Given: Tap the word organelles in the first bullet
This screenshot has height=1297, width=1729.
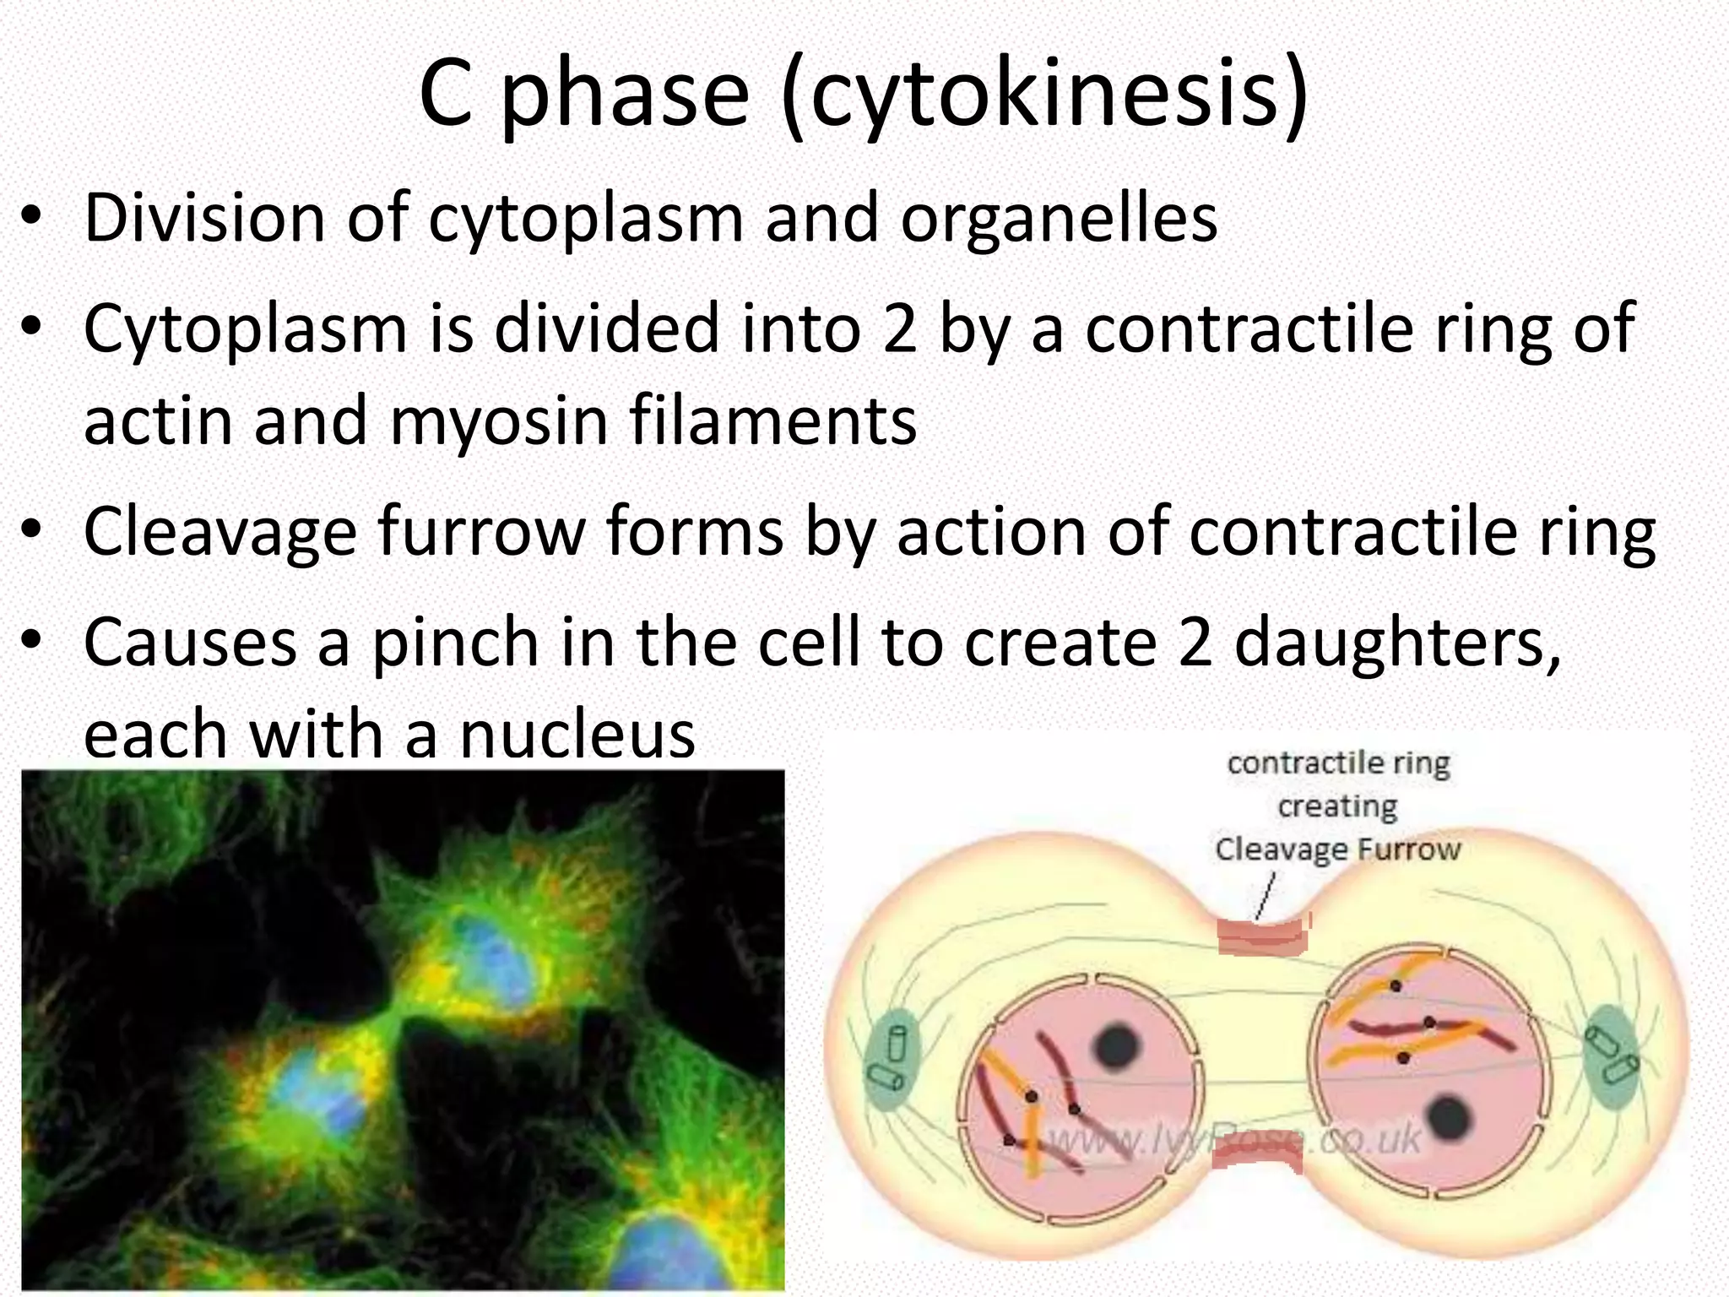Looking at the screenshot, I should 1060,218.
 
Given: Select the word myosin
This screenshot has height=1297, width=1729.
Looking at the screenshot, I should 498,421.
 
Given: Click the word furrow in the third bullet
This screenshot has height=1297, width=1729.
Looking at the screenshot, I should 481,532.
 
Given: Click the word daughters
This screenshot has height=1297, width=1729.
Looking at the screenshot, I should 1397,643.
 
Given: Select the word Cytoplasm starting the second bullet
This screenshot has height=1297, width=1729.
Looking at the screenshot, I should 246,329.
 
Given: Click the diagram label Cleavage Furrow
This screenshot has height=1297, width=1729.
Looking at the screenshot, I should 1338,849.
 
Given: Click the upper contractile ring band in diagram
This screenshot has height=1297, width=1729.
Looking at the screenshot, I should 1262,936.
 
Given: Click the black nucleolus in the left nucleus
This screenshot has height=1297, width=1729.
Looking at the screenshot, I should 1117,1047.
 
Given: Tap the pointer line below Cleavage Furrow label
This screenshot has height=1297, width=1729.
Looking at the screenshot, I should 1265,898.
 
